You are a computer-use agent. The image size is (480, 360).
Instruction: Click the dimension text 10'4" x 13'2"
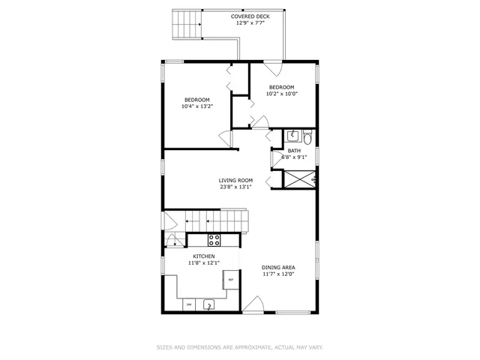(x=197, y=106)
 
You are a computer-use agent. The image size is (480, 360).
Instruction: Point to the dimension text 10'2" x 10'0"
(x=282, y=94)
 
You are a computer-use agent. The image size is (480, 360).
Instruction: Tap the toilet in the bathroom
(x=308, y=137)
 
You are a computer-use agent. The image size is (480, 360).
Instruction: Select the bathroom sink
(x=293, y=136)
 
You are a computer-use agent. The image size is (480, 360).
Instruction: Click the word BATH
(x=294, y=151)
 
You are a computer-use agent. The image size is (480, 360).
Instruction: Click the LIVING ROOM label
(x=235, y=180)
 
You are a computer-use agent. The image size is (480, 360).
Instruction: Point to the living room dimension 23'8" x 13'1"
(x=235, y=187)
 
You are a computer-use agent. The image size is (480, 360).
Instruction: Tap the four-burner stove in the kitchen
(x=214, y=240)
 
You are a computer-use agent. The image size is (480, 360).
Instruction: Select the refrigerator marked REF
(x=231, y=280)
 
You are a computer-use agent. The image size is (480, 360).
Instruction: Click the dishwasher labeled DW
(x=188, y=304)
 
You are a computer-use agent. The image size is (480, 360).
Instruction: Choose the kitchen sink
(x=209, y=304)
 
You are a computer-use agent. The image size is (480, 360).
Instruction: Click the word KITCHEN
(x=204, y=256)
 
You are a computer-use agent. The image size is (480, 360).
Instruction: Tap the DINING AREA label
(x=277, y=268)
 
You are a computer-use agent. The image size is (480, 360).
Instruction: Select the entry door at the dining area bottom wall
(x=253, y=305)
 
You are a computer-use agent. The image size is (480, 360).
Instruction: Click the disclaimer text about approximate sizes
(x=240, y=347)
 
